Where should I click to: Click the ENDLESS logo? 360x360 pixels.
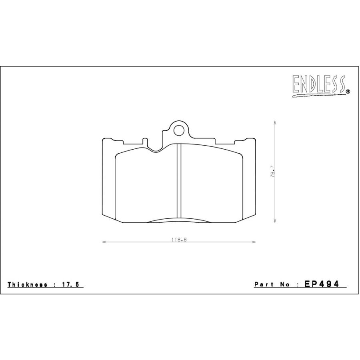[319, 86]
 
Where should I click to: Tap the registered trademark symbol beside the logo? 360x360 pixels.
[348, 92]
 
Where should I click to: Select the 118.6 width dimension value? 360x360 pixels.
[179, 240]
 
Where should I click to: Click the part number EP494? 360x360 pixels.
[322, 284]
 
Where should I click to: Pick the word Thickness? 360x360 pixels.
[27, 284]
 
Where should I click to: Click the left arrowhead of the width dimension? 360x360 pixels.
[104, 242]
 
